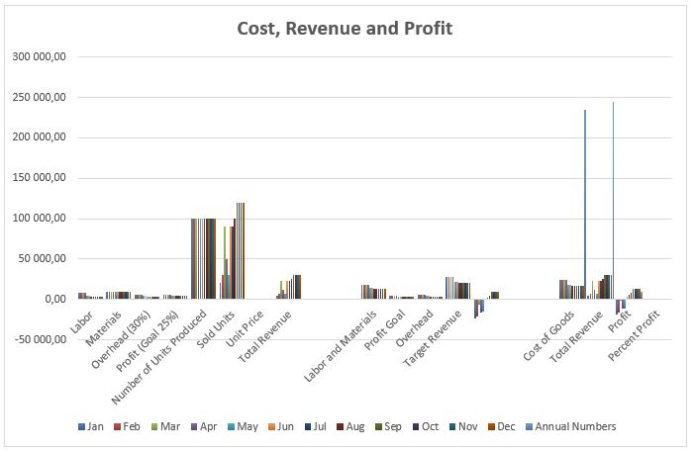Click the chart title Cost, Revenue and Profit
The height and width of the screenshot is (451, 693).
click(345, 29)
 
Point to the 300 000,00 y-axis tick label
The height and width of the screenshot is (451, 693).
click(38, 57)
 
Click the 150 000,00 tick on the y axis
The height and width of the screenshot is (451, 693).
click(38, 178)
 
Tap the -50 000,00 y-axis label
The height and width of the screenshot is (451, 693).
click(36, 339)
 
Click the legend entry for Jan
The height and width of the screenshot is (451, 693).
click(91, 426)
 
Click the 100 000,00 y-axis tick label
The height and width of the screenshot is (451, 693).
click(38, 219)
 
